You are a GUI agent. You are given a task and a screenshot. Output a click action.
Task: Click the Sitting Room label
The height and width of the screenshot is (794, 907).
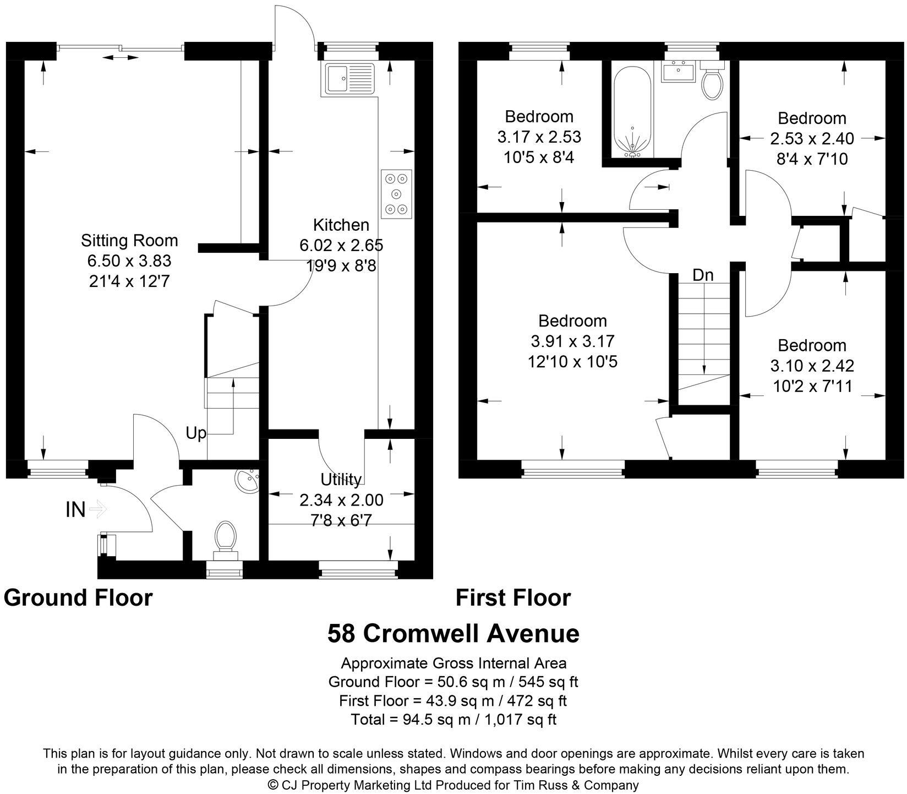point(129,241)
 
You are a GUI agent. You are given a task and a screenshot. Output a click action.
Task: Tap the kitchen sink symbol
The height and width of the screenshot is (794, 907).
point(349,78)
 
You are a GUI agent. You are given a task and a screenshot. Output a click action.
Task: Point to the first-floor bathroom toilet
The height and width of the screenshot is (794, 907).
point(712,83)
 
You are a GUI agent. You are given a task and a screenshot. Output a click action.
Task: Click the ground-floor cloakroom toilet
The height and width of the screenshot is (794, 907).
point(226,536)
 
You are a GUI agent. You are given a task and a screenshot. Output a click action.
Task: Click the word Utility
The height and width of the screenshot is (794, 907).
point(341,480)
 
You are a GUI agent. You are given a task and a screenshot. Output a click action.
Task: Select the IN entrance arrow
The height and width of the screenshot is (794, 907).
point(97,509)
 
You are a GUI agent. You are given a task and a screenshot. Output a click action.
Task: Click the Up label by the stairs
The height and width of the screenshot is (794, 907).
point(196,433)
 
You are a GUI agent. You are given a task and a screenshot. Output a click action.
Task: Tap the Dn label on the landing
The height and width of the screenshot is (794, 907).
point(703,275)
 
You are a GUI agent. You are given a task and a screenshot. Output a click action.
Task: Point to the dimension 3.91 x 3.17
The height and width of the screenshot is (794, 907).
point(572,341)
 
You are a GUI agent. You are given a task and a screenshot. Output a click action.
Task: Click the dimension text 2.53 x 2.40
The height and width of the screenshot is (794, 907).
point(812,139)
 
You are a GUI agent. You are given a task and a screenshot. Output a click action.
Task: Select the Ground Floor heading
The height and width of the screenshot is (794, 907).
point(78,597)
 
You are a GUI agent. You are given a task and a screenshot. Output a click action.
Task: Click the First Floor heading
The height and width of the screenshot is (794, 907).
point(513,597)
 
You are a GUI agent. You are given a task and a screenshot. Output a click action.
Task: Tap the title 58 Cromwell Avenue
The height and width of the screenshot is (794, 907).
point(453,633)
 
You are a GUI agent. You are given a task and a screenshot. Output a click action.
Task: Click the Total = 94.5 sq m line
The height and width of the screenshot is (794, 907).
point(453,719)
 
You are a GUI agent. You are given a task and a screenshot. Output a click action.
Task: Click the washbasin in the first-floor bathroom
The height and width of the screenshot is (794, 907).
point(679,72)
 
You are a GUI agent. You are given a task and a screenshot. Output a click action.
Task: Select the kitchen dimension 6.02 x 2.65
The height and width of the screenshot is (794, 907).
point(341,245)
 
